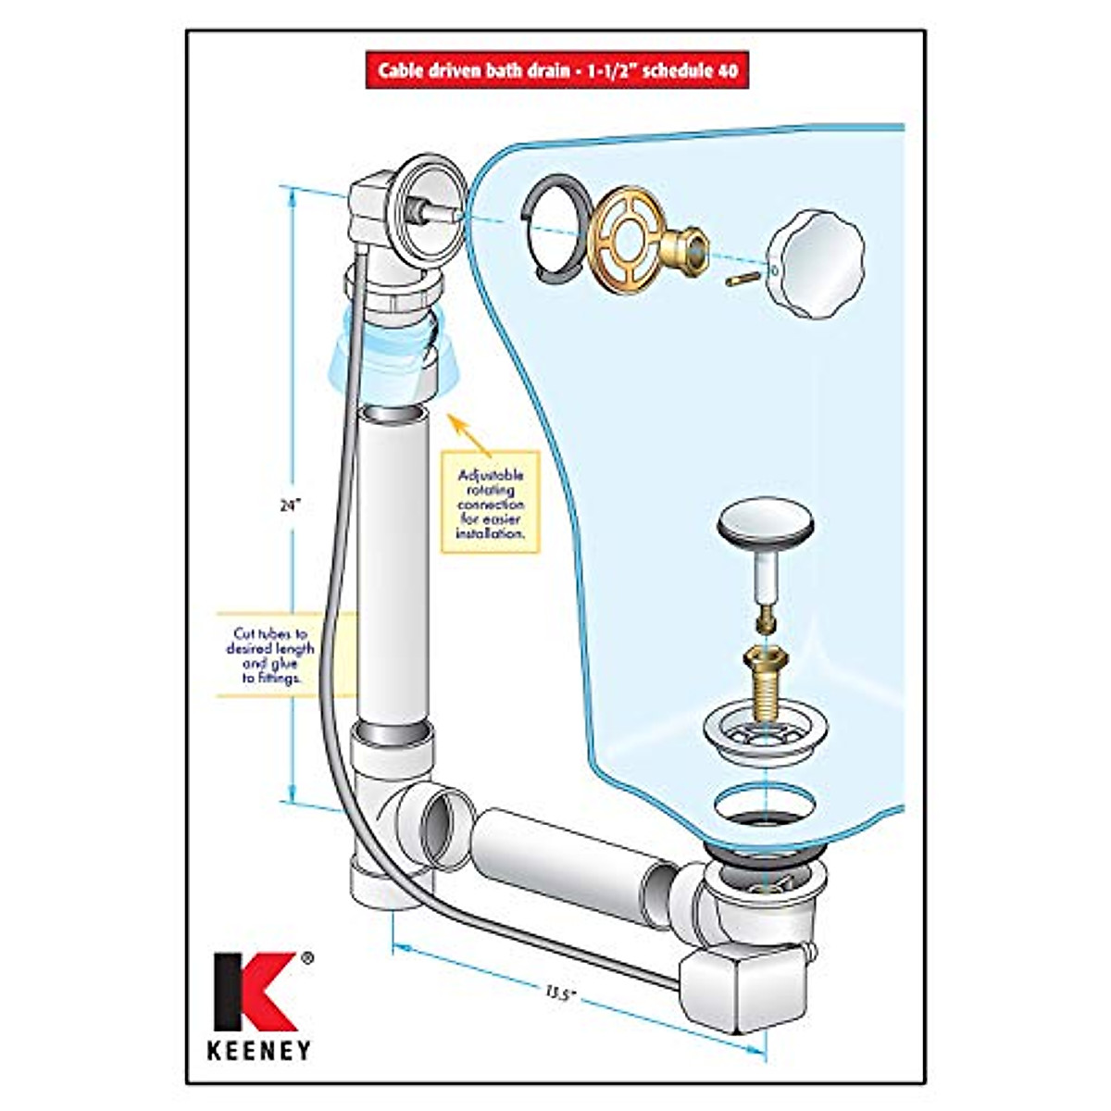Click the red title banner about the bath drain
point(556,70)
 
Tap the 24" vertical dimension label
point(291,506)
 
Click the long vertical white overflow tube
point(393,565)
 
